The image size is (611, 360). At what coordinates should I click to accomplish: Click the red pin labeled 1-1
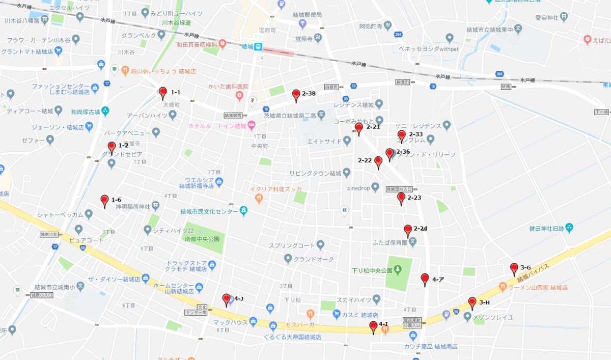tap(163, 93)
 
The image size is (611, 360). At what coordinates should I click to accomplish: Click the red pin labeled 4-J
tap(227, 299)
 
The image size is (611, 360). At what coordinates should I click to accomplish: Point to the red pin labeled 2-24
tap(408, 230)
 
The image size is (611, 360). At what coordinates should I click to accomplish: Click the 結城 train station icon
tap(259, 47)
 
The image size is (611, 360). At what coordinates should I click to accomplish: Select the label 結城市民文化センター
tap(209, 211)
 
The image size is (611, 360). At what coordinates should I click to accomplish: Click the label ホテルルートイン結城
tap(217, 126)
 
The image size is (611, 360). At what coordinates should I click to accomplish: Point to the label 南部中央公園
tap(202, 238)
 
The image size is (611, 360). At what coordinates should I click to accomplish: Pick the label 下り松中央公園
tap(372, 270)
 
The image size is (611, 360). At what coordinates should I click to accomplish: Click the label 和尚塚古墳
tap(84, 111)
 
